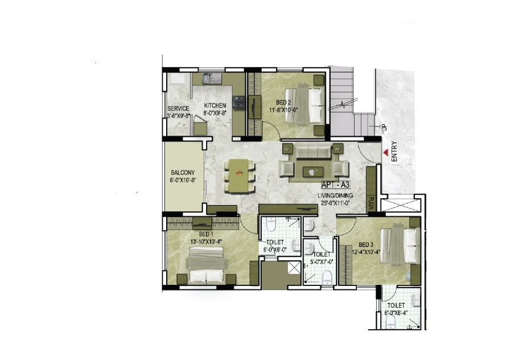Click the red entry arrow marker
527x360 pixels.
click(x=386, y=153)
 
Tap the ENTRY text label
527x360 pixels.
click(x=394, y=152)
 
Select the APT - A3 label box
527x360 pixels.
click(x=336, y=185)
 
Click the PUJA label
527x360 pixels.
click(x=371, y=204)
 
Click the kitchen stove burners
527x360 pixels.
click(x=239, y=103)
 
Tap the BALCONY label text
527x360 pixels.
click(x=183, y=173)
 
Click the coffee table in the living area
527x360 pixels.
click(x=313, y=171)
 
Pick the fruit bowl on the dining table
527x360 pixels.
click(x=240, y=173)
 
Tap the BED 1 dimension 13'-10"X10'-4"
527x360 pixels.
click(x=206, y=241)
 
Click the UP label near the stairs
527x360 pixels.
click(x=385, y=128)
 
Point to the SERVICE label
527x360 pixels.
click(x=179, y=109)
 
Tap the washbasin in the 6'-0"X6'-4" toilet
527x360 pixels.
click(x=416, y=299)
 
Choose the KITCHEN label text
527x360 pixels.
click(x=215, y=105)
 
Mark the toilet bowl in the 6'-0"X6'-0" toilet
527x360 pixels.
click(x=270, y=224)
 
